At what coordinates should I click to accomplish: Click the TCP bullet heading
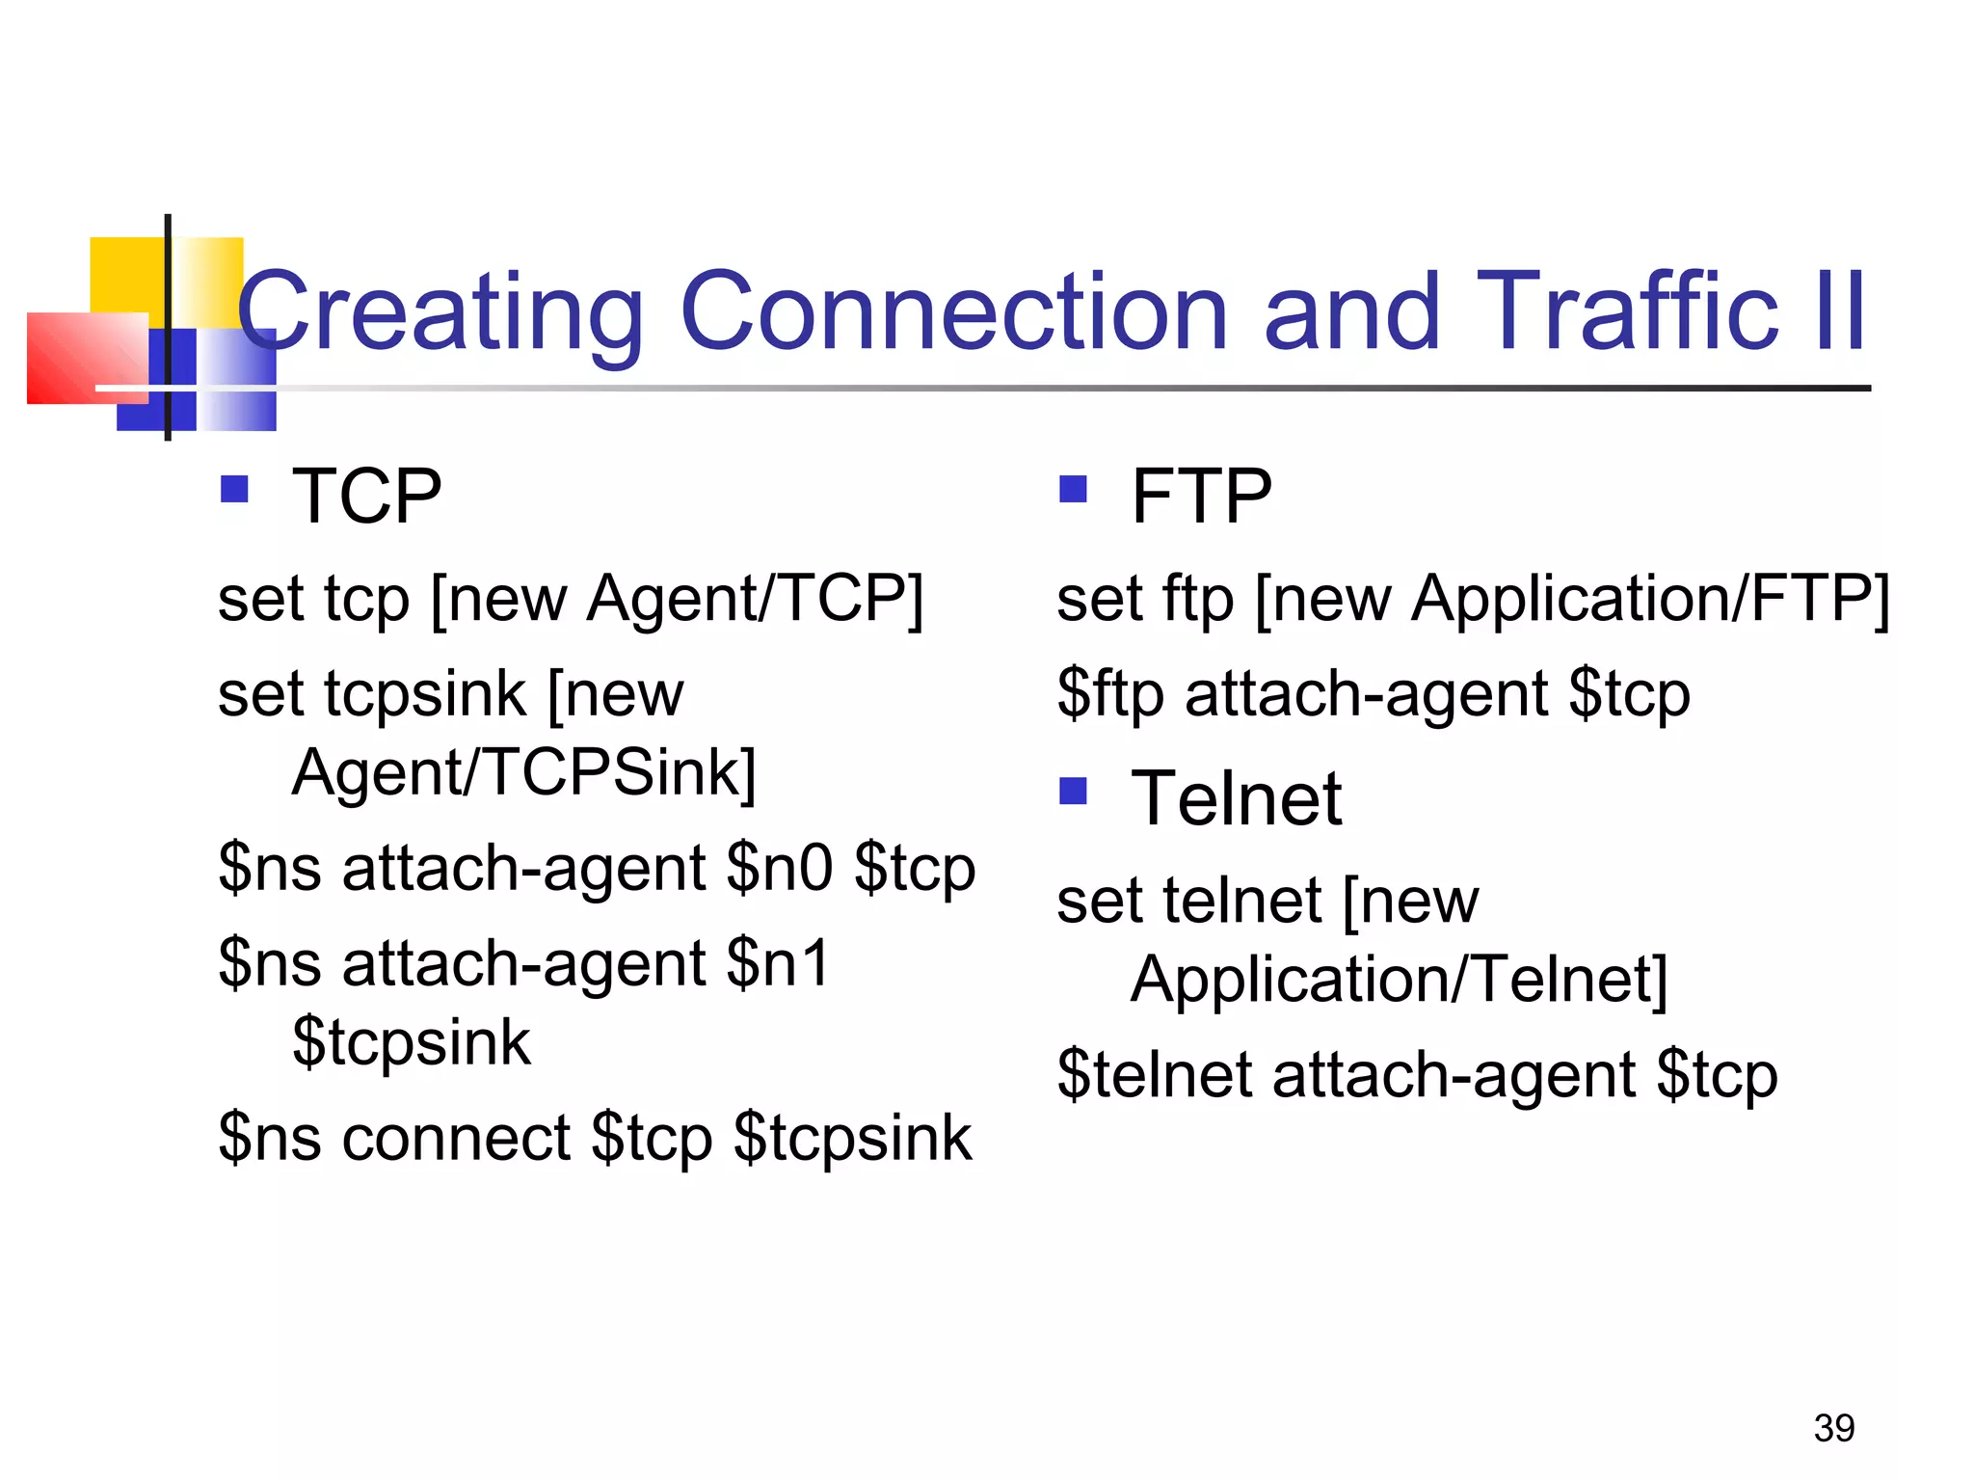tap(366, 497)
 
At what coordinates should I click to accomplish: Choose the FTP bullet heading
tap(1201, 497)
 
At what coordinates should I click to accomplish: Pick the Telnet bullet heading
tap(1236, 799)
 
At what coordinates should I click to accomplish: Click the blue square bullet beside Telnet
tap(1073, 792)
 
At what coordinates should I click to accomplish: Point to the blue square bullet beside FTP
tap(1073, 490)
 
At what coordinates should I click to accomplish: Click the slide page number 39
tap(1833, 1428)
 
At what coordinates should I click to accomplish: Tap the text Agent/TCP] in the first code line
tap(755, 600)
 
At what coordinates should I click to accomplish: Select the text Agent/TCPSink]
tap(523, 772)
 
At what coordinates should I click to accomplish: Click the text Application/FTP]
tap(1650, 600)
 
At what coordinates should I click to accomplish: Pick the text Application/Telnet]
tap(1399, 980)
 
